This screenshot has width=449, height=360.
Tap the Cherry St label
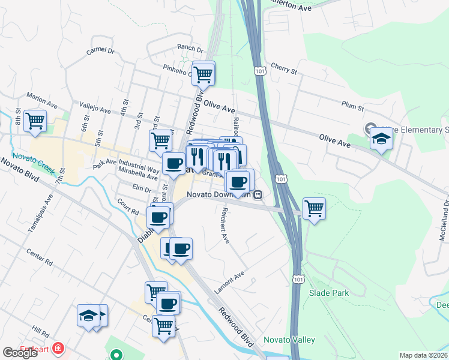click(284, 70)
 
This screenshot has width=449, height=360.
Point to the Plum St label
click(353, 107)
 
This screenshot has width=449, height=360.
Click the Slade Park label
click(329, 293)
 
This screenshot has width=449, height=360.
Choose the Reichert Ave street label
click(226, 226)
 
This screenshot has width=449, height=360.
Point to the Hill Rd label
click(41, 331)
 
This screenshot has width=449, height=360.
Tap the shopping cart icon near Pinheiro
click(203, 74)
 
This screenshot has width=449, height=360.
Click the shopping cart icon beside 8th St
click(35, 119)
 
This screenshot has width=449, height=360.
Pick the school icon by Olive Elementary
click(381, 139)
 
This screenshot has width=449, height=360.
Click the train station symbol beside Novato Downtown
click(258, 194)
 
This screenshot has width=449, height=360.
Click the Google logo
click(20, 353)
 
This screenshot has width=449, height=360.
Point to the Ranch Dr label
click(190, 47)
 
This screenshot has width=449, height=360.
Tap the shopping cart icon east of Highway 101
click(314, 209)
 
